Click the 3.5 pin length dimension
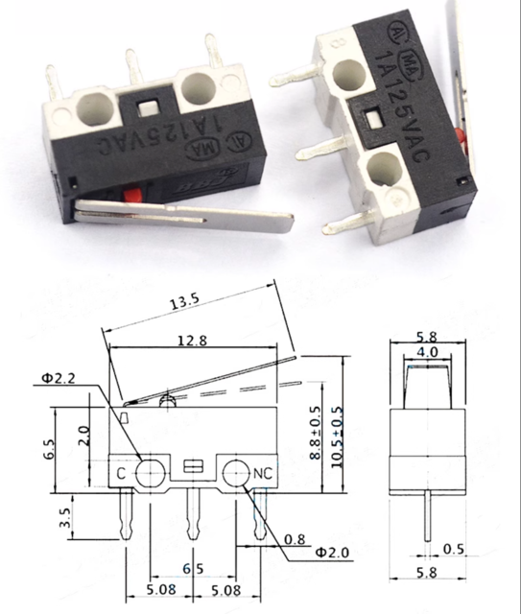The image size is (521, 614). (63, 519)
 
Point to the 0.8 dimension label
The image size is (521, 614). (296, 540)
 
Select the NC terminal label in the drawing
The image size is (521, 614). (263, 473)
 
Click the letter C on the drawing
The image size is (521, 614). (122, 474)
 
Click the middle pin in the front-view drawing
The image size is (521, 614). (191, 517)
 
